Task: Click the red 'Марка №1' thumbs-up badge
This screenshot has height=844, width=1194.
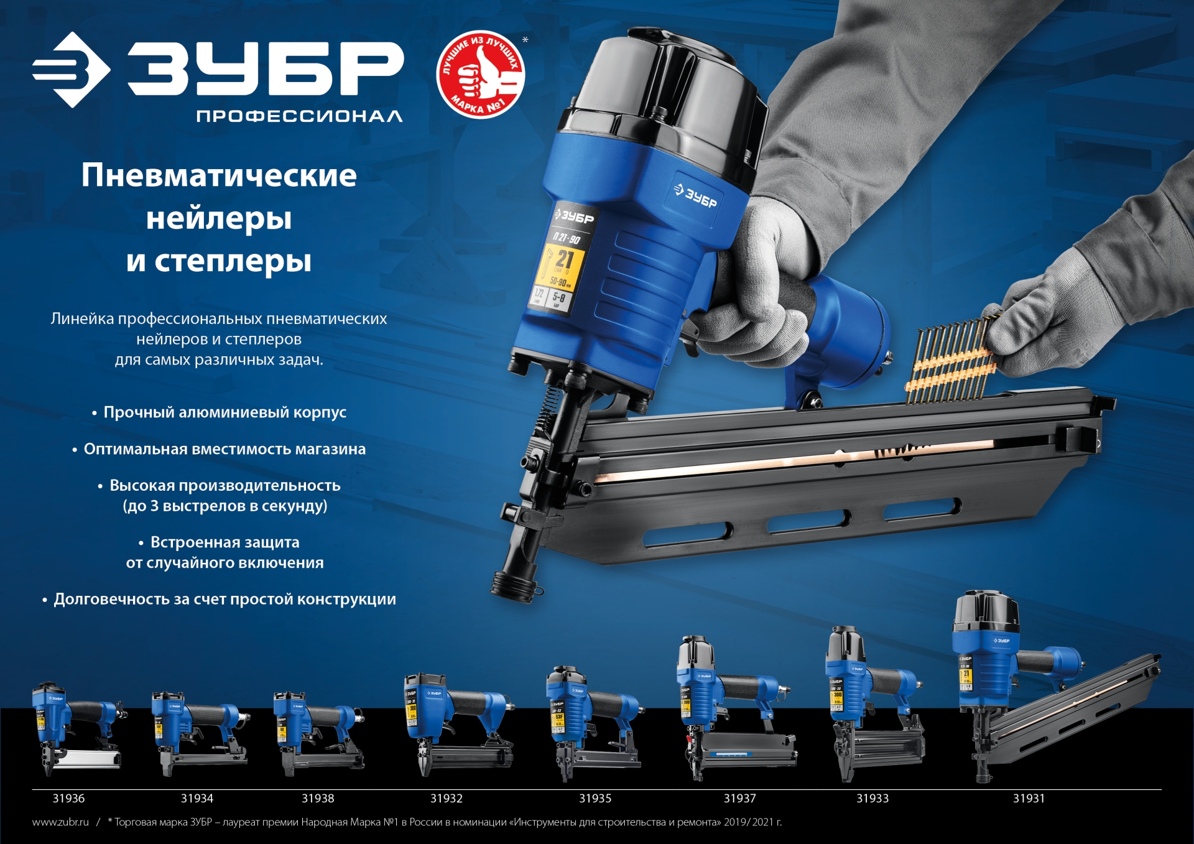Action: [481, 74]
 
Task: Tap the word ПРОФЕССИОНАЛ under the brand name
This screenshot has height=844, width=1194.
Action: [299, 116]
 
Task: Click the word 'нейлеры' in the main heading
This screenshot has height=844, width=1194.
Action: [219, 218]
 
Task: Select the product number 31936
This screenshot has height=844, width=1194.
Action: [68, 799]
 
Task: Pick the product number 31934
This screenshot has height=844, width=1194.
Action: [197, 799]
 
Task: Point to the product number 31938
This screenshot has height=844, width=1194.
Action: [318, 799]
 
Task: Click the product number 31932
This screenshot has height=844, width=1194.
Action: [447, 799]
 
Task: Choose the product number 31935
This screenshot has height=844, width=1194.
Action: [595, 799]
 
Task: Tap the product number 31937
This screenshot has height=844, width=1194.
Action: [739, 799]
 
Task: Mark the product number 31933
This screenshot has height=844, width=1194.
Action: [872, 799]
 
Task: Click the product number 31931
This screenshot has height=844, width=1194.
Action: [1029, 799]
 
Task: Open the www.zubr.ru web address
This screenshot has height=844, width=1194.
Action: [60, 822]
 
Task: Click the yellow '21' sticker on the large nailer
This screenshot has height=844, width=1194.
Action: [563, 264]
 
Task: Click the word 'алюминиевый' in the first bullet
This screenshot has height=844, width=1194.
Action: [234, 412]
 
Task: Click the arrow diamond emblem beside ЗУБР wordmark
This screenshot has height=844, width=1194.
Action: [72, 70]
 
